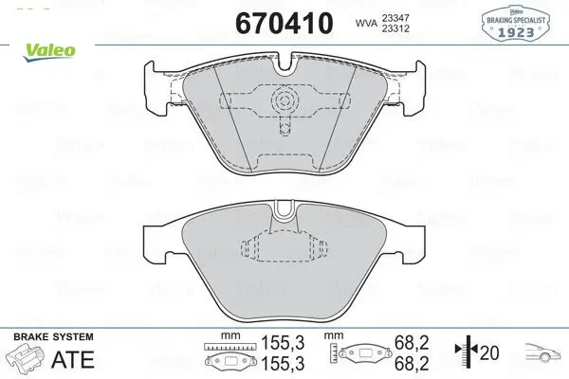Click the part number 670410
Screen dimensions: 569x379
click(284, 23)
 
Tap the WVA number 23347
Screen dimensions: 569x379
click(395, 17)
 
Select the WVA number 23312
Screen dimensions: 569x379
click(395, 28)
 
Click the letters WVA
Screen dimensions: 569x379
click(366, 23)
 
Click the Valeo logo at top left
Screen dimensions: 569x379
click(49, 52)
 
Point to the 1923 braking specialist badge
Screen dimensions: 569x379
click(515, 23)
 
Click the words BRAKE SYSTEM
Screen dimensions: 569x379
click(53, 336)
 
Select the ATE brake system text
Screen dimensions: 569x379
click(73, 359)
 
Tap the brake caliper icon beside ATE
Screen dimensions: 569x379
click(25, 358)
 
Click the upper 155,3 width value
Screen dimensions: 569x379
click(283, 342)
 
